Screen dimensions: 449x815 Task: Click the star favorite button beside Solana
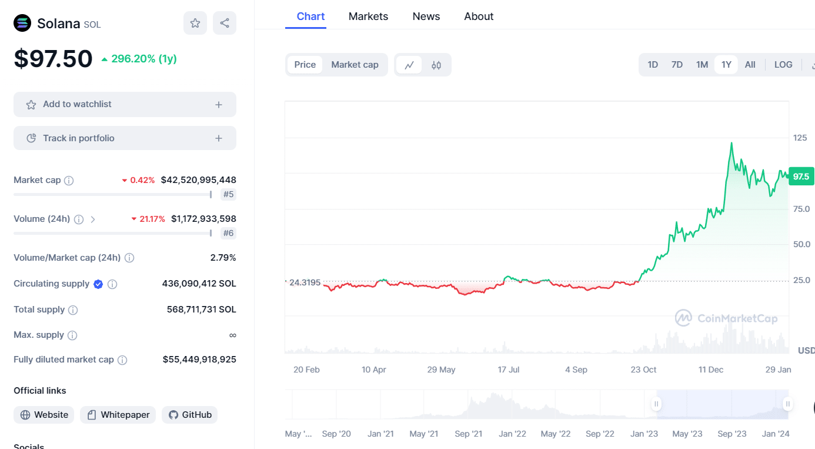tap(195, 23)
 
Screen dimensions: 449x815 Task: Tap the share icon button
tap(224, 23)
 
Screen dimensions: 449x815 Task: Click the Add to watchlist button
tap(125, 104)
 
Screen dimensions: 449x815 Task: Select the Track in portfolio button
tap(125, 138)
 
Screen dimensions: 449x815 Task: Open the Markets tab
tap(368, 16)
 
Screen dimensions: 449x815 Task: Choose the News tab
tap(426, 16)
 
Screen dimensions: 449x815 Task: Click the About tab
tap(479, 16)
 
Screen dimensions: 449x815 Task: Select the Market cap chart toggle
tap(355, 65)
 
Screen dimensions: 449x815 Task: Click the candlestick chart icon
tap(436, 65)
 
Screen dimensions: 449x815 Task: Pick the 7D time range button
tap(677, 65)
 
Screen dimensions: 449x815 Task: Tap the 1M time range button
tap(702, 65)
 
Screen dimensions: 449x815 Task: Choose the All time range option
tap(750, 65)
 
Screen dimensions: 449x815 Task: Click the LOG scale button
tap(783, 65)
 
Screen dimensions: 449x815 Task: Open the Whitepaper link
tap(118, 415)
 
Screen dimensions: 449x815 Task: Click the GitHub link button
tap(190, 415)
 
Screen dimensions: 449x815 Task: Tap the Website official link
tap(44, 415)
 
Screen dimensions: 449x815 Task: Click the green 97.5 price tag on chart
tap(801, 177)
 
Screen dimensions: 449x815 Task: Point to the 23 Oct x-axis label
tap(643, 370)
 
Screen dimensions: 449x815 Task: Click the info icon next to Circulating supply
tap(112, 284)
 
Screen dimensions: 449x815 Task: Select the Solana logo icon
tap(22, 23)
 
